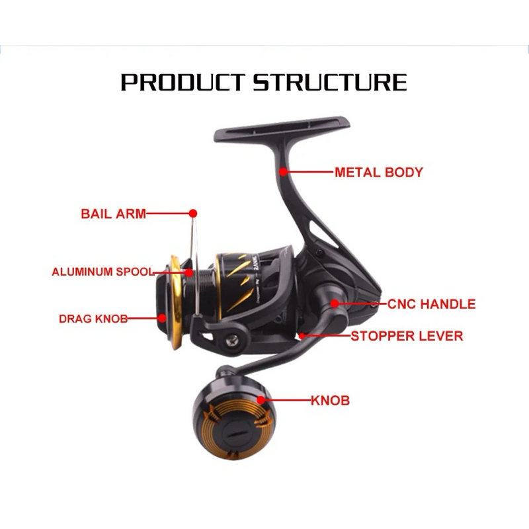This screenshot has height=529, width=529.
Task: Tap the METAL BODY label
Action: click(378, 173)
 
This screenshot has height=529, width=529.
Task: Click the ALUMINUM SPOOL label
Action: click(102, 272)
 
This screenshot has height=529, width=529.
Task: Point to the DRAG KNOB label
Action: click(93, 318)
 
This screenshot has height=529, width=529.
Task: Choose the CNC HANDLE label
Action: click(431, 304)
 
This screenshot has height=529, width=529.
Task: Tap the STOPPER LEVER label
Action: click(407, 336)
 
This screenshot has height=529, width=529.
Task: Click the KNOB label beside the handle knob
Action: click(330, 400)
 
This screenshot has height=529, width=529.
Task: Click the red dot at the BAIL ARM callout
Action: click(193, 214)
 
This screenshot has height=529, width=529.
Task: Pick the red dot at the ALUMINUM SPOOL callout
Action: click(189, 272)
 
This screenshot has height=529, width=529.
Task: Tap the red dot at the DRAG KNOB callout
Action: click(162, 318)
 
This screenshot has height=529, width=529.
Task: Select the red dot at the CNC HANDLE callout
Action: click(335, 304)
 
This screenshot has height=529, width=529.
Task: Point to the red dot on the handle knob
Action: click(261, 400)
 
